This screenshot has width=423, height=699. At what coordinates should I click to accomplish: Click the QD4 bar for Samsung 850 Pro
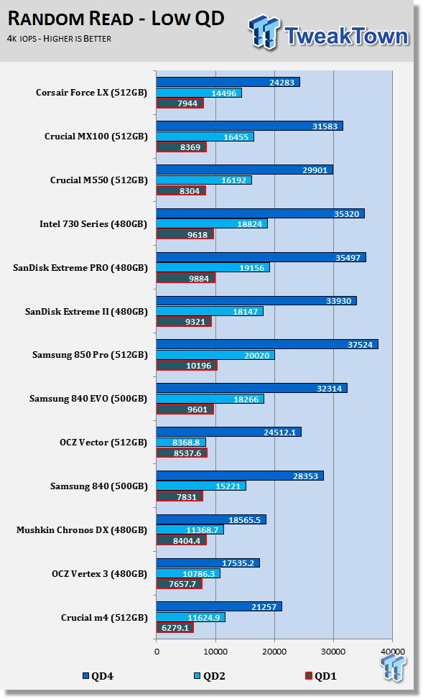point(267,344)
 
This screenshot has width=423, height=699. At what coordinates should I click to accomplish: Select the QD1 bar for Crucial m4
point(175,628)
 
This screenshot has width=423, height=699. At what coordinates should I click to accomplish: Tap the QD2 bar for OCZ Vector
point(181,443)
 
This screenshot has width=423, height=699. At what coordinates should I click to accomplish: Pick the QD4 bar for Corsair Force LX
point(228,82)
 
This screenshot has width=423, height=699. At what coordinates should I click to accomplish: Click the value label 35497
point(347,257)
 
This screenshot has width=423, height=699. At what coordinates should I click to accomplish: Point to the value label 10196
point(197,366)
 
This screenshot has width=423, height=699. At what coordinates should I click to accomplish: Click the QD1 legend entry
point(320,676)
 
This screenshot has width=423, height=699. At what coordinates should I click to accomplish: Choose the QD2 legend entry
point(209,676)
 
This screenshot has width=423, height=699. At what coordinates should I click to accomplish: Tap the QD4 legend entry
point(98,676)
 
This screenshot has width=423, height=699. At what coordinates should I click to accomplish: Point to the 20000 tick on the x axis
point(274,652)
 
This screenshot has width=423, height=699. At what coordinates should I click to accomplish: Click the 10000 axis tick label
point(215,652)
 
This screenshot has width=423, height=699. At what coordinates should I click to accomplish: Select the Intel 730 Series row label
point(93,224)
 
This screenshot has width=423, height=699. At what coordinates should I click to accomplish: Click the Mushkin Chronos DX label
point(82,530)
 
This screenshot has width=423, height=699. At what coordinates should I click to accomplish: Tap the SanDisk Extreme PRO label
point(80,268)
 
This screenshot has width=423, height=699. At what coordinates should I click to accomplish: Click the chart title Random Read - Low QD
point(116,19)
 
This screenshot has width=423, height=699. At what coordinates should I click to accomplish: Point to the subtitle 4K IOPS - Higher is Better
point(60,39)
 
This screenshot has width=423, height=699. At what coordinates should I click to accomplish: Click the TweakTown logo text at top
point(346,36)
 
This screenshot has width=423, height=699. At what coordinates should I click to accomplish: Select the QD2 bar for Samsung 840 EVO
point(210,399)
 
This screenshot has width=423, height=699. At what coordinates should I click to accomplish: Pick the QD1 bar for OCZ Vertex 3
point(180,584)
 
